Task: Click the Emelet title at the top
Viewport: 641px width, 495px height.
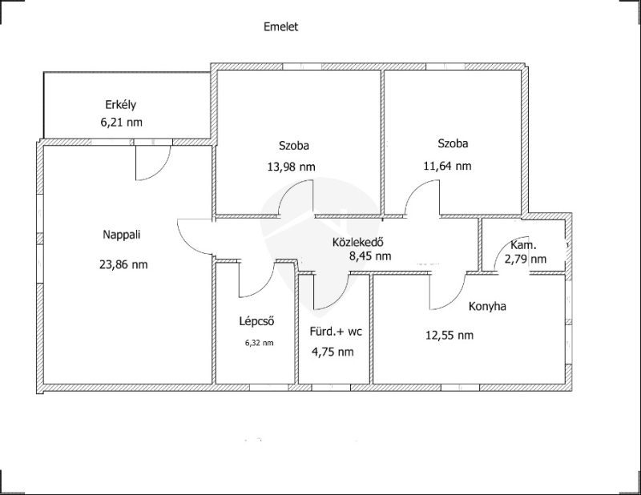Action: point(281,27)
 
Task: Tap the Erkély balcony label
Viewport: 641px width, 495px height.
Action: point(121,105)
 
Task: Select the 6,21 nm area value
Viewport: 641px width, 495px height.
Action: point(122,123)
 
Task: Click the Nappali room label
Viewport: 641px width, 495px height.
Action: point(122,235)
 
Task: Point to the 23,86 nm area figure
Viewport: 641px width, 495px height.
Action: point(123,264)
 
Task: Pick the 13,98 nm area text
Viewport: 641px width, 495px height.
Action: point(292,167)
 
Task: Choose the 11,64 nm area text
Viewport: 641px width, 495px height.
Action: point(447,166)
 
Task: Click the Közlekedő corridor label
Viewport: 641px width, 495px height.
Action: point(357,242)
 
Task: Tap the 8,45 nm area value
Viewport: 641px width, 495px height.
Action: point(370,256)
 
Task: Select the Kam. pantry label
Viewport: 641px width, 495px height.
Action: point(524,245)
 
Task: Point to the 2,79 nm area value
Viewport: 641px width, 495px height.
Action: point(526,260)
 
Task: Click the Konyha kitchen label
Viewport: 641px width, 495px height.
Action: point(487,307)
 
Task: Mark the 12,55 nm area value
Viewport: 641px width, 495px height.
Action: point(450,336)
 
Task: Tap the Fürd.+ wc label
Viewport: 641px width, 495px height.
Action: point(336,332)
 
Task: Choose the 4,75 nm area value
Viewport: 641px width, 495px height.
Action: point(333,352)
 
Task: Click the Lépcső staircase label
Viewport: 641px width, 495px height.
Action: point(256,321)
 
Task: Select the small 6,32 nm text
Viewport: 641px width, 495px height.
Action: point(259,344)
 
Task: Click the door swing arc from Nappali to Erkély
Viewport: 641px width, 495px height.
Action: point(153,163)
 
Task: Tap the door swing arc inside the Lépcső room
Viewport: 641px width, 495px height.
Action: point(256,280)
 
